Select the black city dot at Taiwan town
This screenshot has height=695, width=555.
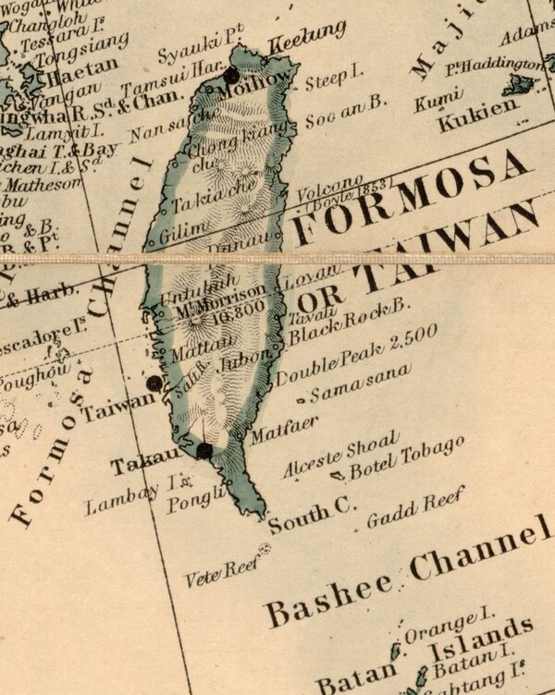click(154, 382)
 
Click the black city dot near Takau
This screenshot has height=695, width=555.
click(204, 451)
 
